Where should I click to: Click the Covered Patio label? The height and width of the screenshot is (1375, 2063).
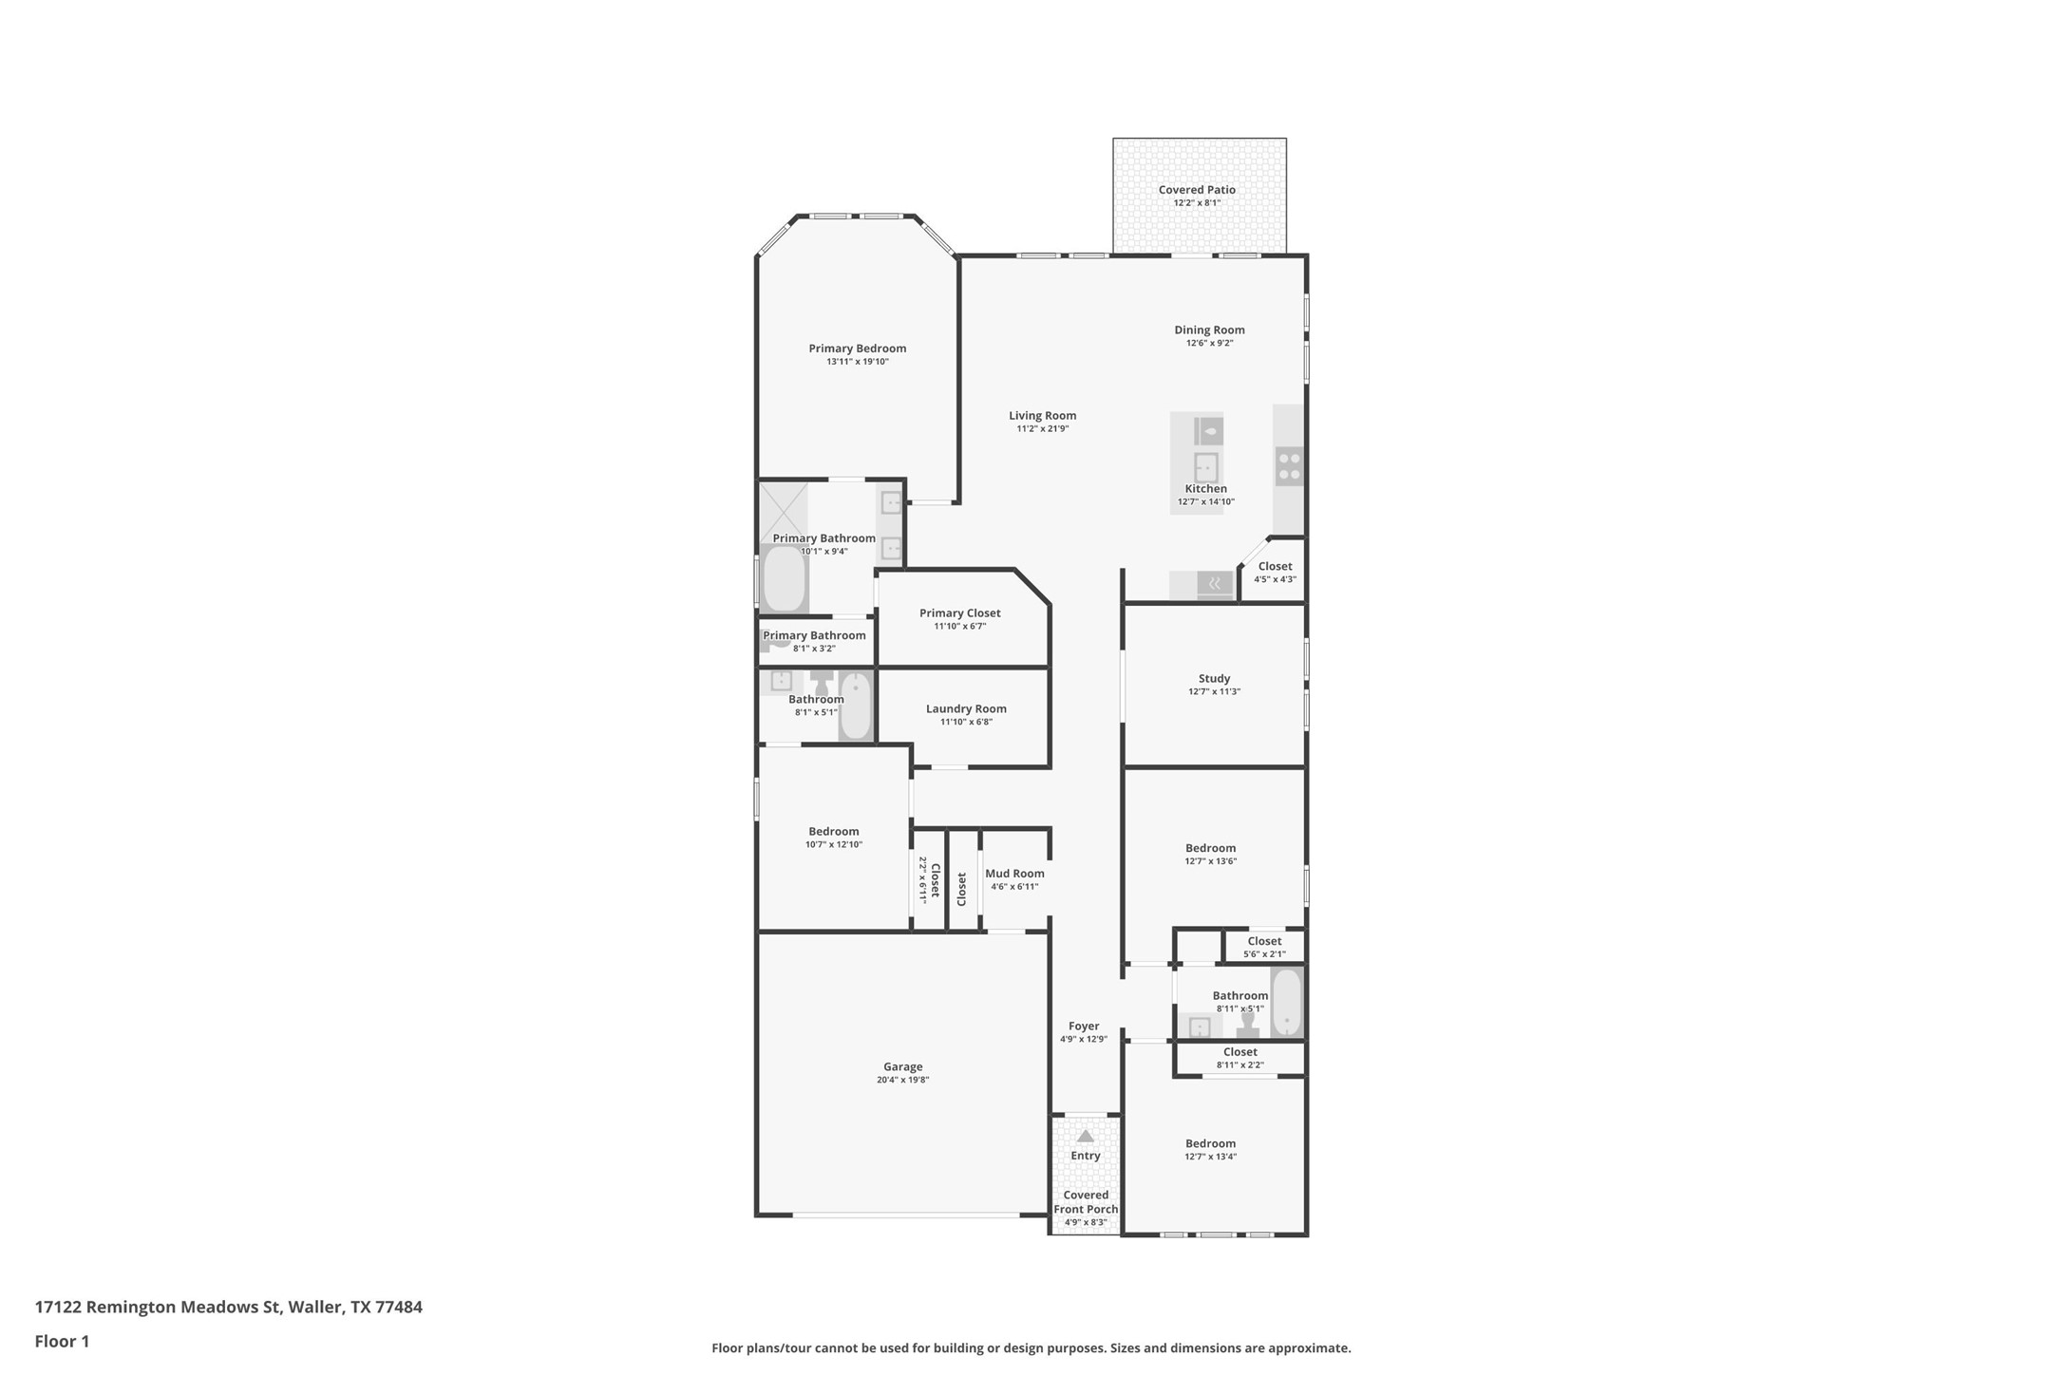pos(1197,190)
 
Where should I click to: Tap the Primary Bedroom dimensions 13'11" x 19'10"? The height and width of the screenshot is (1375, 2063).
pos(858,362)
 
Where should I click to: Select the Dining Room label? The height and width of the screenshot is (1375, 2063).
pos(1209,330)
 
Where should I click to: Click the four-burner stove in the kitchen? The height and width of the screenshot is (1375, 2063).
pos(1289,466)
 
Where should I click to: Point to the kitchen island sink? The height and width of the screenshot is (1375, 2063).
pos(1206,468)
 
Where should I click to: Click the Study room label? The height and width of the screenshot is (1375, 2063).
pos(1214,679)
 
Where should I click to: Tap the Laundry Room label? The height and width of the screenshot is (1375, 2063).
pos(966,709)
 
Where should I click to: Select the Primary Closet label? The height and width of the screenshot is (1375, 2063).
pos(960,613)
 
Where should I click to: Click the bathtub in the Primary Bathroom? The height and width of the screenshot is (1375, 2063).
pos(785,578)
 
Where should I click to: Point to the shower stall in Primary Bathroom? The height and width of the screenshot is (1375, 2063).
pos(783,513)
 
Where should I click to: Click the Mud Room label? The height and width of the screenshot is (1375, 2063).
pos(1014,874)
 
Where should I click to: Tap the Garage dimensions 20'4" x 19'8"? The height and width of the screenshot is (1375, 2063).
pos(902,1080)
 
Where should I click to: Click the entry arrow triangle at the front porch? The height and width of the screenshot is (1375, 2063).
pos(1086,1136)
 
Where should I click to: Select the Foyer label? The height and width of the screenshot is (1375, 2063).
pos(1084,1027)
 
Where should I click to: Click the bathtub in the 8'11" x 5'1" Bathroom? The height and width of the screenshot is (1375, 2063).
pos(1287,1002)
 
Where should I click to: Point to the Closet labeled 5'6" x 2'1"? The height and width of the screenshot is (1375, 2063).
pos(1264,947)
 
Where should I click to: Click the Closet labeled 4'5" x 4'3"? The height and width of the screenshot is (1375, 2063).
pos(1275,573)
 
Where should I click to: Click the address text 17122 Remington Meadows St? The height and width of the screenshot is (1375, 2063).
pos(159,1308)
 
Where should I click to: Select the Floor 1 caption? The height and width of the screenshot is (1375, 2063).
pos(62,1342)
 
